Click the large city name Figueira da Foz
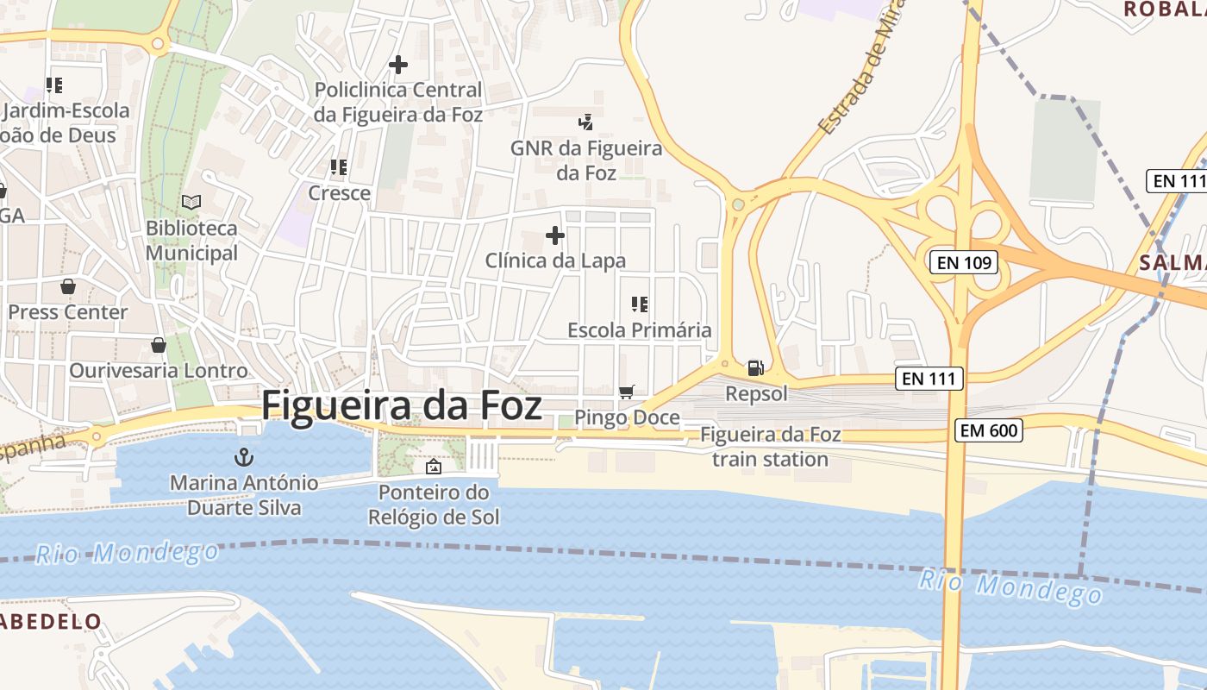[402, 405]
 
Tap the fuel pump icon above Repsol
[755, 368]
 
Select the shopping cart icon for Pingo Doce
[627, 392]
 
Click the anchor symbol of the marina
[244, 456]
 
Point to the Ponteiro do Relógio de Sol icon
[434, 467]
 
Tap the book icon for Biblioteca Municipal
[191, 203]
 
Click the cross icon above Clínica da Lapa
[555, 235]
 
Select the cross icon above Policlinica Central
[398, 64]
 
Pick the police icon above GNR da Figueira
[586, 122]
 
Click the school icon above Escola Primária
[640, 304]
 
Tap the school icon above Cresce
[339, 166]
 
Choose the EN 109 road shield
[963, 262]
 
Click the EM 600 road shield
[989, 430]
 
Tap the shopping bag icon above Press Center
[68, 285]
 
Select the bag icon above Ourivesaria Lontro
[159, 345]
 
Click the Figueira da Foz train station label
[770, 447]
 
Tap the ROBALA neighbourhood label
[1165, 9]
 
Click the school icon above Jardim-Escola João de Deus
[55, 85]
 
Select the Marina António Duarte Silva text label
[244, 495]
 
